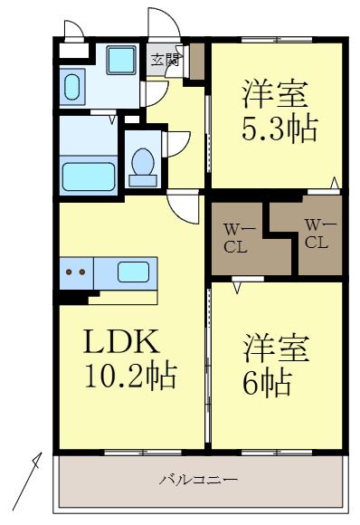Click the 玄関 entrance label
(164, 61)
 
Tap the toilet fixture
(142, 166)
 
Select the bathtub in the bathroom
(88, 175)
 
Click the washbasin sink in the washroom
(71, 86)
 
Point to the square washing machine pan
(119, 61)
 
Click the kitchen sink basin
(133, 271)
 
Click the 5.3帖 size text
(278, 129)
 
